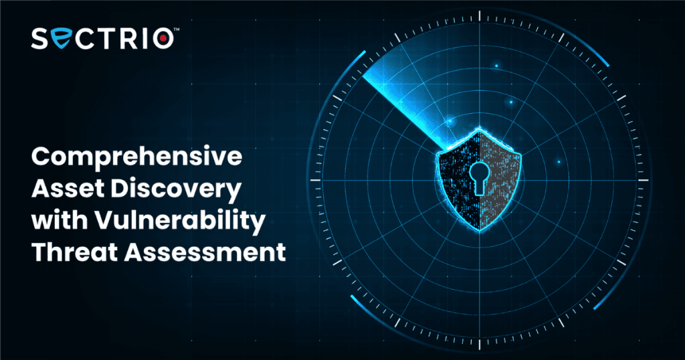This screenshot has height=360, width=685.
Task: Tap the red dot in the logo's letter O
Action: [x=163, y=38]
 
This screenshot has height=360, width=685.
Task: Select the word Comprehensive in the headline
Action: [x=136, y=157]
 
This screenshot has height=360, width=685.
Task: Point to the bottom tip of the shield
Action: [x=480, y=230]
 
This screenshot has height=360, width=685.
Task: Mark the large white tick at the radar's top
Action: [x=480, y=16]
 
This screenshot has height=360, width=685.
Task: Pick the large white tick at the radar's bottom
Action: [x=480, y=344]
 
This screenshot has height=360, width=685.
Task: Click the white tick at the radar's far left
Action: [x=316, y=180]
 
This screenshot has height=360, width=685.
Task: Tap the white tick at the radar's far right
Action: [x=644, y=180]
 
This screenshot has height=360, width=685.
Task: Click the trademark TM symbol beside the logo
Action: [x=177, y=29]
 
